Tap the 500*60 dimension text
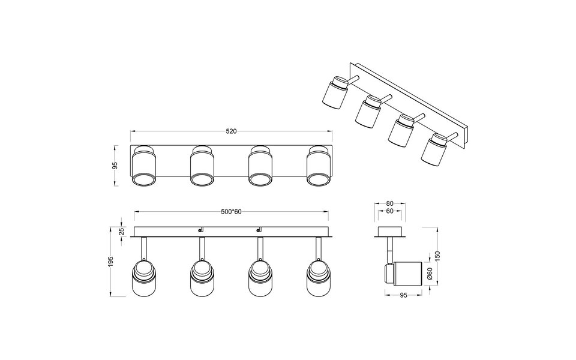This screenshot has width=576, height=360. click(231, 212)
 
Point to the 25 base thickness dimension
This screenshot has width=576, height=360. click(122, 231)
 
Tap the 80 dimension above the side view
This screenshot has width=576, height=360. click(389, 203)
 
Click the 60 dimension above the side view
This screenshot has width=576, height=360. click(389, 212)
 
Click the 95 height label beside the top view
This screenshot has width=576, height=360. click(115, 166)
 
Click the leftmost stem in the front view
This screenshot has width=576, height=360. click(145, 248)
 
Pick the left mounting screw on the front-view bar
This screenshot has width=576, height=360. click(201, 229)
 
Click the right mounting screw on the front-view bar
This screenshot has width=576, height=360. click(260, 229)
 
